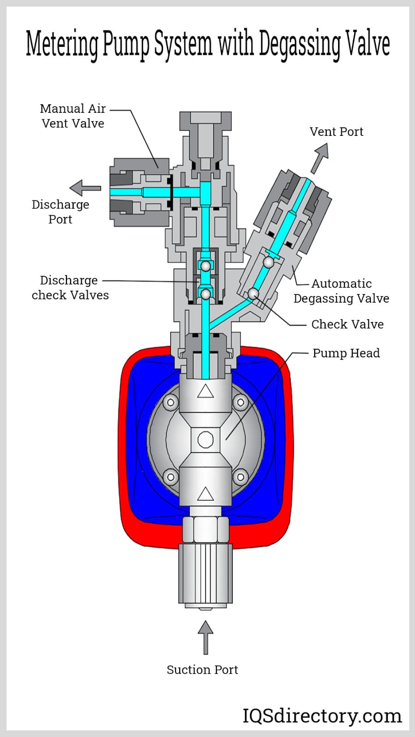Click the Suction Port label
click(202, 669)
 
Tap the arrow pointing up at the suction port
click(205, 637)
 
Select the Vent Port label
click(336, 132)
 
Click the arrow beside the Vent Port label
click(320, 157)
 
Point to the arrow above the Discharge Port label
click(85, 187)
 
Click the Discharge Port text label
click(60, 211)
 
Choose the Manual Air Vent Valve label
click(73, 116)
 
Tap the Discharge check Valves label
click(70, 287)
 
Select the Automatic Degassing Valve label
click(341, 291)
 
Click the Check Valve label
click(347, 324)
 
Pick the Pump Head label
click(346, 353)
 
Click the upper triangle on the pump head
click(205, 391)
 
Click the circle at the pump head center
click(205, 439)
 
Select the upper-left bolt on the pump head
click(171, 402)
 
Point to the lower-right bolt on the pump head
click(240, 476)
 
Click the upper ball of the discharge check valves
click(205, 266)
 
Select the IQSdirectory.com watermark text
click(322, 715)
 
